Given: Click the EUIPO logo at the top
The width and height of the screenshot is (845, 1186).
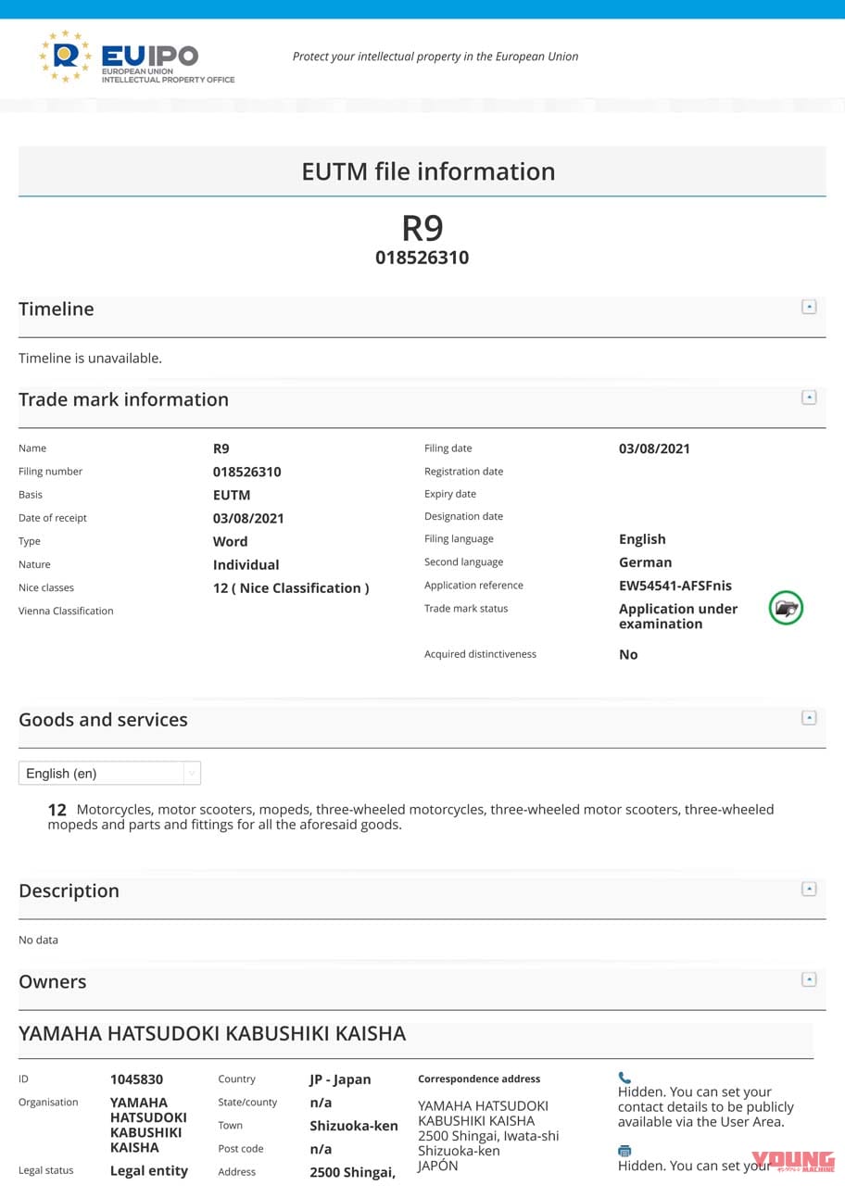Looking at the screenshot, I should (136, 57).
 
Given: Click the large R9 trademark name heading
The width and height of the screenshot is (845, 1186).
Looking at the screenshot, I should (422, 228).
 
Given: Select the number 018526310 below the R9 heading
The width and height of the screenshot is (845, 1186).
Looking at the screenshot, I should (422, 258).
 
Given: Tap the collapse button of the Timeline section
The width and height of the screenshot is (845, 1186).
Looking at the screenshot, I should (809, 307).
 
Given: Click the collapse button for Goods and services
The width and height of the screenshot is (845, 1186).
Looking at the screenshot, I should (809, 717).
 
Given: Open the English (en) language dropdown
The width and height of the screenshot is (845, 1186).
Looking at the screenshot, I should (109, 773).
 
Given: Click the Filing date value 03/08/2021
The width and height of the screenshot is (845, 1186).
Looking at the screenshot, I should (654, 448).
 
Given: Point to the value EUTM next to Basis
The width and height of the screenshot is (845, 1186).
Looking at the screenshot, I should (232, 495).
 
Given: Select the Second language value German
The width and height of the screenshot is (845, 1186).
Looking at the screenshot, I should (645, 562).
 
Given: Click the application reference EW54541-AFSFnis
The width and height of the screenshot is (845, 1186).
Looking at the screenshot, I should (675, 586).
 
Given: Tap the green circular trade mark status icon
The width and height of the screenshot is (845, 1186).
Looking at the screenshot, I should (786, 609).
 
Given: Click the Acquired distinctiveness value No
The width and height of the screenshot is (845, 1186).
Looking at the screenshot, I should (628, 654).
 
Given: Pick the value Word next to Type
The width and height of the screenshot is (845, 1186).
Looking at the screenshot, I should (230, 541).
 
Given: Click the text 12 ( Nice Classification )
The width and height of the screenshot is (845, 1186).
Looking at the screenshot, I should (291, 587).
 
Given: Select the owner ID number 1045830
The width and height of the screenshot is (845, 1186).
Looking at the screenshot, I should (136, 1079).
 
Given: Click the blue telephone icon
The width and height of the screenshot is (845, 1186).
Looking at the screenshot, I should (624, 1078).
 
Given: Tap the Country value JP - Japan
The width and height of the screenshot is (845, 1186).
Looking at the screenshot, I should (340, 1079).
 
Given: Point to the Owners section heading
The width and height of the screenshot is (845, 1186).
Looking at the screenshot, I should (53, 982).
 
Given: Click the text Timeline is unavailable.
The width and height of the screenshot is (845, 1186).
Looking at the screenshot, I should (90, 358).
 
